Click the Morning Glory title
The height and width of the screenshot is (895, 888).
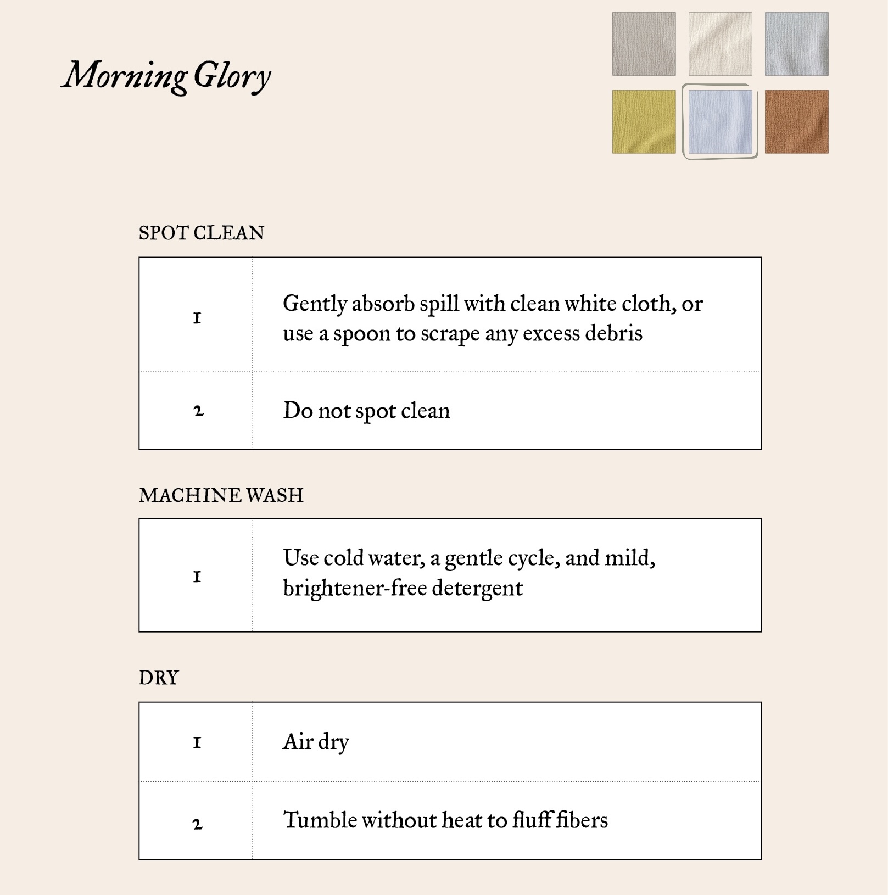pos(166,76)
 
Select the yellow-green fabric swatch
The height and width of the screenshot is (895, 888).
pos(644,121)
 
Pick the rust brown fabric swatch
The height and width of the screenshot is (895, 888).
pos(796,121)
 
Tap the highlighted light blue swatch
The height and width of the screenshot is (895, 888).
pos(720,121)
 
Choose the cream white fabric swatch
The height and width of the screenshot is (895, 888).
pos(720,44)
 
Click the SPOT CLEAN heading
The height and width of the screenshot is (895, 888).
pos(201,233)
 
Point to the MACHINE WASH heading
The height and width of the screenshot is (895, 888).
pos(221,495)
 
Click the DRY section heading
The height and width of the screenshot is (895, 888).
pos(159,678)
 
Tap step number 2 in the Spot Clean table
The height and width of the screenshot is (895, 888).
pos(198,411)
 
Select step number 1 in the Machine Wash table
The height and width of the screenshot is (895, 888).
pos(197,577)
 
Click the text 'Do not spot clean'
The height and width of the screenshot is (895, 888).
pos(366,411)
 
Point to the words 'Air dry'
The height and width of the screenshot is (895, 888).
pos(316,742)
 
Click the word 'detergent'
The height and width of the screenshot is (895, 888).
pos(477,589)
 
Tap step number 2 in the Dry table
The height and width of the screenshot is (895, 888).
pos(198,824)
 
